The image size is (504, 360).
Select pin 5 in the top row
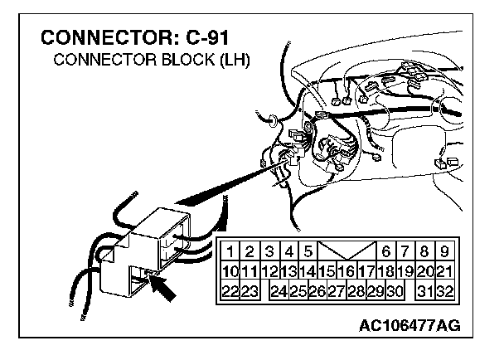pyautogui.click(x=308, y=250)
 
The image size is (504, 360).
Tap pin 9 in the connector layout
pyautogui.click(x=445, y=250)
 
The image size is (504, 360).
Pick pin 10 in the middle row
pyautogui.click(x=230, y=270)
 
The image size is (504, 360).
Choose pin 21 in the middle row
pyautogui.click(x=444, y=270)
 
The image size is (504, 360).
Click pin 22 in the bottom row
pyautogui.click(x=230, y=290)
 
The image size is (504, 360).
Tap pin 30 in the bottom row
pyautogui.click(x=395, y=290)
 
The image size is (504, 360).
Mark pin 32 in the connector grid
pyautogui.click(x=444, y=290)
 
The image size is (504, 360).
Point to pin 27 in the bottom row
pyautogui.click(x=336, y=290)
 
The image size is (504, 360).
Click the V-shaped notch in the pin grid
pyautogui.click(x=346, y=250)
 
